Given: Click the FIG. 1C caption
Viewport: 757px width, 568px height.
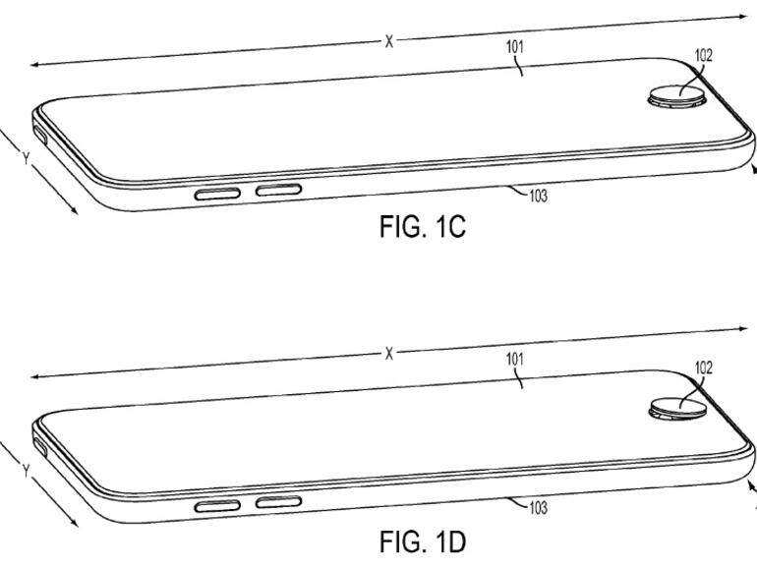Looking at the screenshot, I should [x=421, y=228].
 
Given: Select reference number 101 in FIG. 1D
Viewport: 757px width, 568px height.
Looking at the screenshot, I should [x=515, y=359].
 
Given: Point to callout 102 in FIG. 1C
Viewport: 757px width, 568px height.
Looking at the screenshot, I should [x=703, y=56].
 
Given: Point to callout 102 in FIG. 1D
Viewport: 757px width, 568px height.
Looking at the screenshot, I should [x=703, y=368].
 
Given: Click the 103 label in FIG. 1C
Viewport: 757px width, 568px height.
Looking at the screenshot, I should [x=537, y=197].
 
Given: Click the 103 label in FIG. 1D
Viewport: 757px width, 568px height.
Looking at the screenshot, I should [x=537, y=509].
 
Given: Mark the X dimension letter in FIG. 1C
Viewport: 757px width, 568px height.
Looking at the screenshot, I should [x=388, y=41].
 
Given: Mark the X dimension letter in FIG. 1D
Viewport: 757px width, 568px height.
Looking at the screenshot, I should [x=389, y=353].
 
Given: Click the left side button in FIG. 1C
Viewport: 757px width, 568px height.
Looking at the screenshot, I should [x=217, y=193].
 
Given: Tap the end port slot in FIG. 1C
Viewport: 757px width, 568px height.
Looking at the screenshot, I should [x=40, y=131].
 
